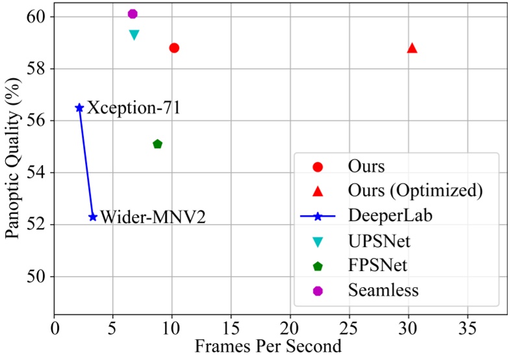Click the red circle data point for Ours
tap(174, 47)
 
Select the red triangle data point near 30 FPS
tap(412, 48)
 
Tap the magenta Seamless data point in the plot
tap(132, 14)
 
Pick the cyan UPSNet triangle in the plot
tap(134, 34)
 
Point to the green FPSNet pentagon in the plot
tap(157, 144)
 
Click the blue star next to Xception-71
tap(79, 108)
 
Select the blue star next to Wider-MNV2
tap(93, 217)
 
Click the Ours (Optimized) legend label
tap(415, 191)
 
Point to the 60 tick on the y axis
tap(38, 16)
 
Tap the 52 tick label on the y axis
tap(38, 225)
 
